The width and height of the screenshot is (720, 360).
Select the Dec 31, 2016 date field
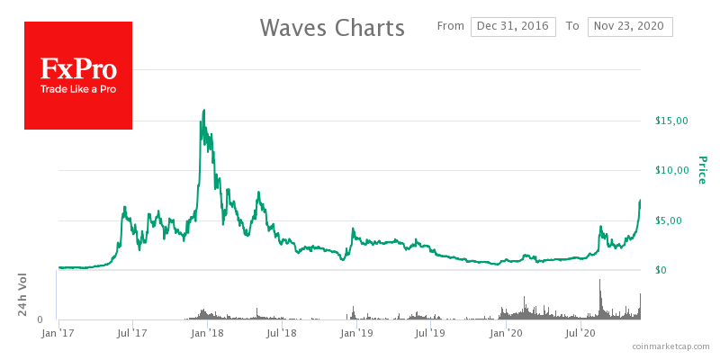[x=513, y=26]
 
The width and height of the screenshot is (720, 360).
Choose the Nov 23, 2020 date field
[x=630, y=26]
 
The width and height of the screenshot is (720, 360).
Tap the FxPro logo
[x=77, y=76]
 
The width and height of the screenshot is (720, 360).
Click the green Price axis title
[x=702, y=170]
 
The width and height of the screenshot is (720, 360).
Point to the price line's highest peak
[x=204, y=111]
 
